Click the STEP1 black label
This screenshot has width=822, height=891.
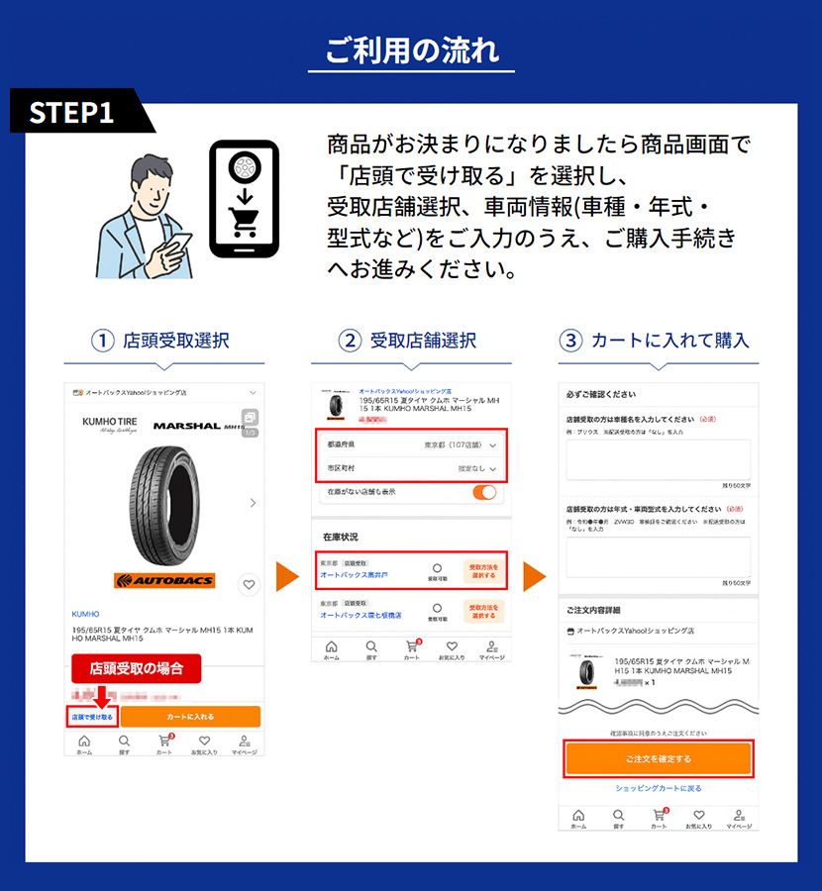72,112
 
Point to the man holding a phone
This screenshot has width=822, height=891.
149,213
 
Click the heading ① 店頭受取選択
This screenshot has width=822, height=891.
163,341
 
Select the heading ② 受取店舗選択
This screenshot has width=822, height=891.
411,341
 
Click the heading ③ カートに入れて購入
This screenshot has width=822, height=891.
658,341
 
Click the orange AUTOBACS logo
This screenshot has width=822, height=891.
163,580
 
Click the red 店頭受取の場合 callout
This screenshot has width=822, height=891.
137,668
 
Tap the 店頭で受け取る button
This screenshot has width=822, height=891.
92,716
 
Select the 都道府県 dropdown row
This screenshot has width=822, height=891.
411,445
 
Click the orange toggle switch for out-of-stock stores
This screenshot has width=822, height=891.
484,492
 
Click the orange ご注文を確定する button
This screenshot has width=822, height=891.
659,758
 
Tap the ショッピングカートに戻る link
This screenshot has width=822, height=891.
659,789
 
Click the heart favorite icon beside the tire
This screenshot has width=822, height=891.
249,585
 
